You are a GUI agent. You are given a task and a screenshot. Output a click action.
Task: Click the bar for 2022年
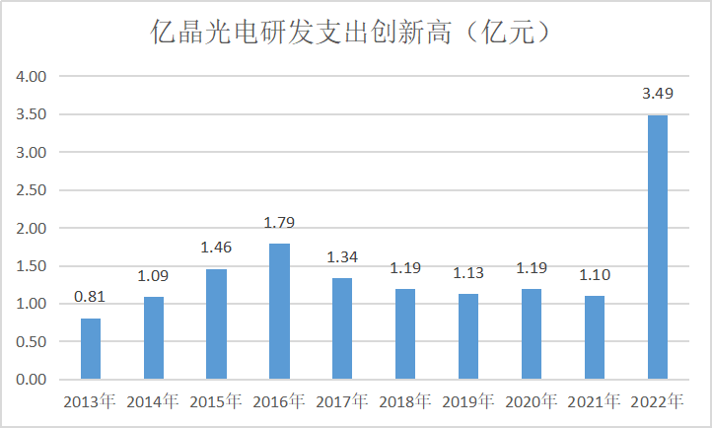658,247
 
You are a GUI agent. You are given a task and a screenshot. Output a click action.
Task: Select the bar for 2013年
91,348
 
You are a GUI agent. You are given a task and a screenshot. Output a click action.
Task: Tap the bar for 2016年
279,311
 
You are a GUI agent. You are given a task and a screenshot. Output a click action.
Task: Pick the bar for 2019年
468,336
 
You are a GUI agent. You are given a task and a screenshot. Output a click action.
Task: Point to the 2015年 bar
216,323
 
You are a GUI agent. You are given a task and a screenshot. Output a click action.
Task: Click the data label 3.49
658,96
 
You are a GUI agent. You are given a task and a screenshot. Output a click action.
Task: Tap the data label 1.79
279,223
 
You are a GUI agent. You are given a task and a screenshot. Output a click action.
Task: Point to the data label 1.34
342,258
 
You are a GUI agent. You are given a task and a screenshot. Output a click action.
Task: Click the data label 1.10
595,277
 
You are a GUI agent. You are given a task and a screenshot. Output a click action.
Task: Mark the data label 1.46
216,249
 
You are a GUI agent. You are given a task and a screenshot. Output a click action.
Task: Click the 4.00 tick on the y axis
33,76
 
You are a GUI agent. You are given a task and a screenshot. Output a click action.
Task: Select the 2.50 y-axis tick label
33,190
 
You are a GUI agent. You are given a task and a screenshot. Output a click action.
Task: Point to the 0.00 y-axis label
33,380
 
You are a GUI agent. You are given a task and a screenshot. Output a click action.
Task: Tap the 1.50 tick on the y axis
33,266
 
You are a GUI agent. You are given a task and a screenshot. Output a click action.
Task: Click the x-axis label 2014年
153,401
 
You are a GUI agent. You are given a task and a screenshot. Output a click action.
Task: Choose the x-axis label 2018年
405,401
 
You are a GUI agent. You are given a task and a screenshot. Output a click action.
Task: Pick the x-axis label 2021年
595,401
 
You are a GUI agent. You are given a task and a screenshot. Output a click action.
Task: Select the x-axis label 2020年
532,401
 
